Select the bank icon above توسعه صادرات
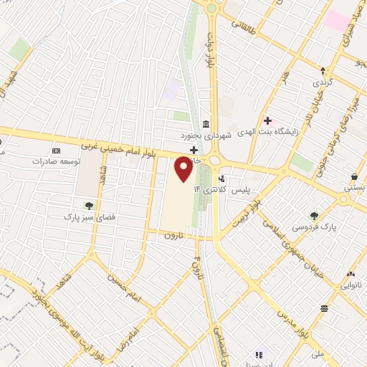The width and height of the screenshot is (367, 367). tap(57, 151)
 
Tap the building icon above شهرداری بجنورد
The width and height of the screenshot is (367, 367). tap(206, 123)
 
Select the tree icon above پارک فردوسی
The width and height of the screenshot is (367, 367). tap(314, 215)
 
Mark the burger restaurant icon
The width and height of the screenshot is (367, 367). tap(325, 308)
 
